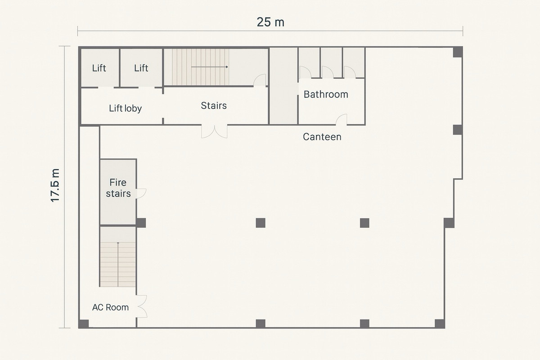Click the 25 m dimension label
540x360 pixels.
click(x=270, y=22)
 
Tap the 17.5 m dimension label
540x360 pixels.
click(x=55, y=185)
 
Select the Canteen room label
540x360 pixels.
click(x=322, y=137)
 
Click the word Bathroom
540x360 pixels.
click(x=326, y=94)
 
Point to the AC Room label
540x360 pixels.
click(x=110, y=307)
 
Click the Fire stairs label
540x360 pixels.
click(x=118, y=188)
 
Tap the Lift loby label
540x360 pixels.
click(x=126, y=108)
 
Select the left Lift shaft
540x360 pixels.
click(x=100, y=68)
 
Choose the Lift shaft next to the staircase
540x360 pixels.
click(x=141, y=68)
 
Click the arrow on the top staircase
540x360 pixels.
click(x=210, y=67)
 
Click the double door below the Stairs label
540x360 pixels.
click(x=214, y=131)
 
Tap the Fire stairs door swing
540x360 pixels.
click(x=141, y=193)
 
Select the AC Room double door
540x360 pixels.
click(x=142, y=306)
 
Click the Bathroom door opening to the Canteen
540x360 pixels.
click(x=342, y=120)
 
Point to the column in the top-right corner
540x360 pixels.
click(x=458, y=52)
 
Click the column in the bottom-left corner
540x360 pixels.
click(x=84, y=324)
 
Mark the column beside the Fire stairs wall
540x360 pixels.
click(x=141, y=223)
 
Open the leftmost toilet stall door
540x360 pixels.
click(x=305, y=72)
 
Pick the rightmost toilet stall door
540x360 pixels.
click(x=350, y=72)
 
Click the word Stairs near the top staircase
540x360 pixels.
click(x=214, y=106)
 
